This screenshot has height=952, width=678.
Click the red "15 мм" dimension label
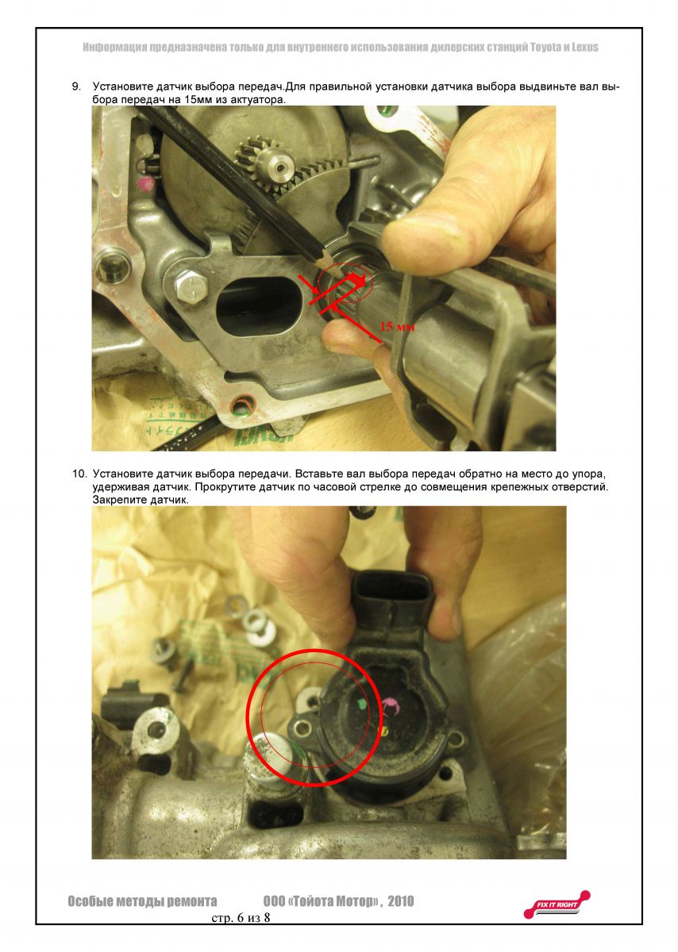(397, 326)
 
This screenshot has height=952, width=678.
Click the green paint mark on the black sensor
(361, 703)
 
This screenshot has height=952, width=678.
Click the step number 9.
(77, 85)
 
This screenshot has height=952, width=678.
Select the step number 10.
(79, 473)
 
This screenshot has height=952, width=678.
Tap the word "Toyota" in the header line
(530, 48)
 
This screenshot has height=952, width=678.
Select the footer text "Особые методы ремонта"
(142, 901)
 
